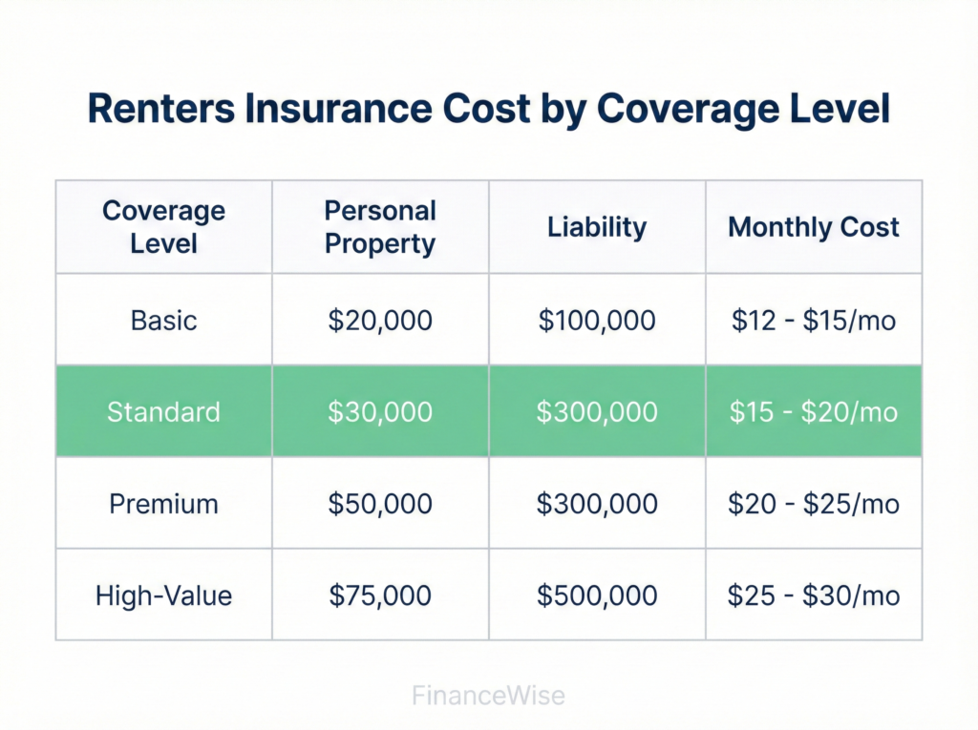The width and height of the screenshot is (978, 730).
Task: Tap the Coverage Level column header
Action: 163,227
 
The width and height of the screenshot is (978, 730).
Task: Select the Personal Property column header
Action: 380,227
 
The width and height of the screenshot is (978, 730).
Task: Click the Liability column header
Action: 597,227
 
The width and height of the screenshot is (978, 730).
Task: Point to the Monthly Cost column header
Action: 814,227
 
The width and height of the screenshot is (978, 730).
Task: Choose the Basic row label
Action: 163,320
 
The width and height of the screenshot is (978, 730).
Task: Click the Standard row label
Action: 163,411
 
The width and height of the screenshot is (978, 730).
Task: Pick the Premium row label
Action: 163,504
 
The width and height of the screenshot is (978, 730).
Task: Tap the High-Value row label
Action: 163,596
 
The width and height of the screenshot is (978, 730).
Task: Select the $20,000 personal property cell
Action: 380,320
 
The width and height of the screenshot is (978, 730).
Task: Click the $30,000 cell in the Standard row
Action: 380,411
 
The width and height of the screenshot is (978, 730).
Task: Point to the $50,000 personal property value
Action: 380,504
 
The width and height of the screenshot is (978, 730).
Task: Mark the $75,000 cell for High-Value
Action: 380,596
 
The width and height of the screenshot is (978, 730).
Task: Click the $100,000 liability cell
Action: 597,320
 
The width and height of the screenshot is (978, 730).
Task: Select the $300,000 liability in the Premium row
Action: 597,504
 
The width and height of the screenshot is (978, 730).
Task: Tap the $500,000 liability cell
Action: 597,596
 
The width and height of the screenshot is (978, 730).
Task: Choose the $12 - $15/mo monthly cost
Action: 814,320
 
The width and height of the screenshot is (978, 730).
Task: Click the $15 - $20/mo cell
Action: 814,411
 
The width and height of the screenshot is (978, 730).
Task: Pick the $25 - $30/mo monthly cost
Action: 814,596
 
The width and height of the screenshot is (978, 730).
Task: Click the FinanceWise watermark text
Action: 488,696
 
